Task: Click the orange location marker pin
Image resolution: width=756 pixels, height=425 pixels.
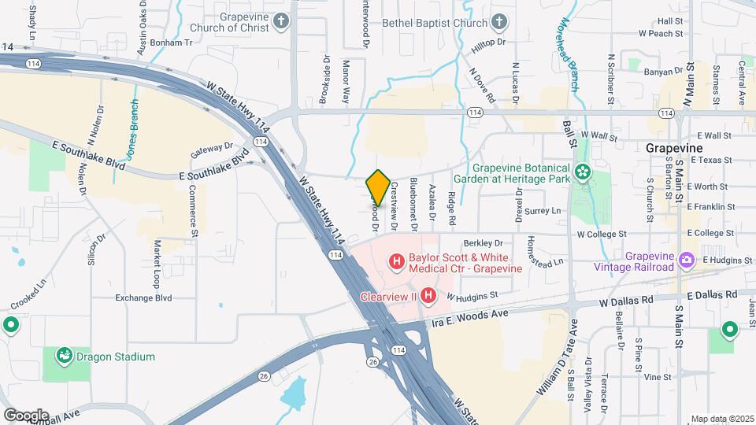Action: point(378,188)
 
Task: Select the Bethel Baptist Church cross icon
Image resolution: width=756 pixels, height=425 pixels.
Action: point(499,22)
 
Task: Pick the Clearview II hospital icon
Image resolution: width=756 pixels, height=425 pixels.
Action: point(428,296)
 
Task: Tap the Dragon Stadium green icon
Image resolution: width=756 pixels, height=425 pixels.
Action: point(64,356)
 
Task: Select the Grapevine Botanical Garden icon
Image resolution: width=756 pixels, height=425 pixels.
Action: point(583,172)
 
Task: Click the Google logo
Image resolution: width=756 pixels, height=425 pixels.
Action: point(25,415)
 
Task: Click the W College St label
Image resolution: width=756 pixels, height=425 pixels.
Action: point(602,234)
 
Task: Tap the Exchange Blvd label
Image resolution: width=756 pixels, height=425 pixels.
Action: point(143,298)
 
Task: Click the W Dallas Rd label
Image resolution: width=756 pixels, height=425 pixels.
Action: point(626,301)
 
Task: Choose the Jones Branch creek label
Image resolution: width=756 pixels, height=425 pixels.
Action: point(135,130)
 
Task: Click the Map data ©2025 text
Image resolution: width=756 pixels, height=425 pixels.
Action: point(722,419)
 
